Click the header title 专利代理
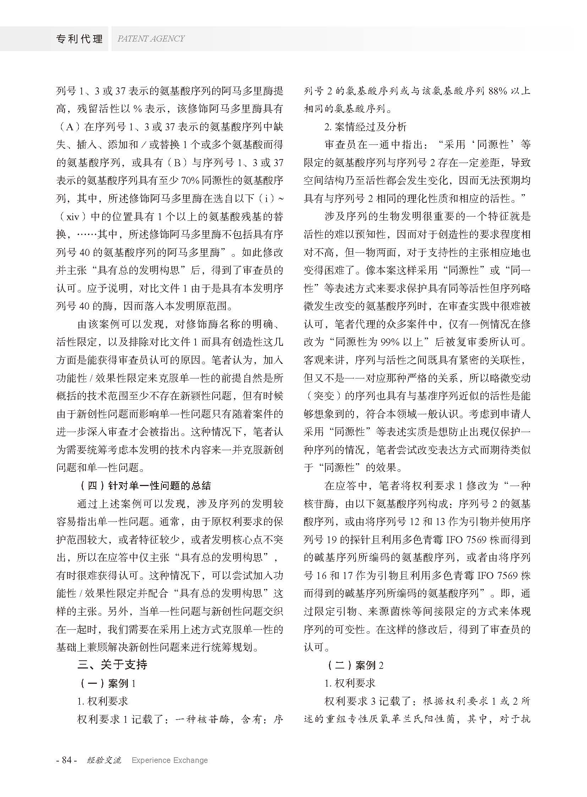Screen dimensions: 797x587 pos(79,39)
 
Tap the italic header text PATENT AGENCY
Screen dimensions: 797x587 pos(151,39)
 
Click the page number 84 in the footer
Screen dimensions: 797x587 pos(67,760)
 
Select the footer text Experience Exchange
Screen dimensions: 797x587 pos(170,760)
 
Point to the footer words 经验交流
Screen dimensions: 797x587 pos(104,760)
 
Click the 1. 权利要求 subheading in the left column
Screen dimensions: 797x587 pos(102,701)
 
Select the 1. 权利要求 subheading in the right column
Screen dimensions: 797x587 pos(350,683)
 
